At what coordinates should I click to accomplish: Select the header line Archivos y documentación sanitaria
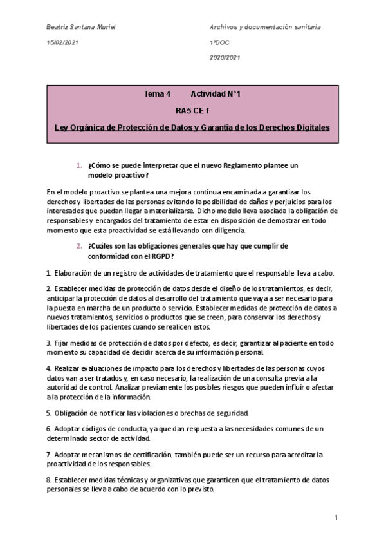pyautogui.click(x=265, y=27)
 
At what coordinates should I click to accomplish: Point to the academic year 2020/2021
pyautogui.click(x=225, y=57)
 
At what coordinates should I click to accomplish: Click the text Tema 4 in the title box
pyautogui.click(x=158, y=95)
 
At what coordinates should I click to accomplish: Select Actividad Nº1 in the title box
pyautogui.click(x=216, y=95)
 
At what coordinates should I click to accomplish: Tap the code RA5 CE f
pyautogui.click(x=192, y=111)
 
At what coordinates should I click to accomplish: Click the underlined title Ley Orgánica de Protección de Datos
pyautogui.click(x=192, y=127)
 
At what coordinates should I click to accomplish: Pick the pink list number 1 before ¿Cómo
pyautogui.click(x=78, y=165)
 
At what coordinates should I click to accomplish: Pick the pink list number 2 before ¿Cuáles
pyautogui.click(x=78, y=246)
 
